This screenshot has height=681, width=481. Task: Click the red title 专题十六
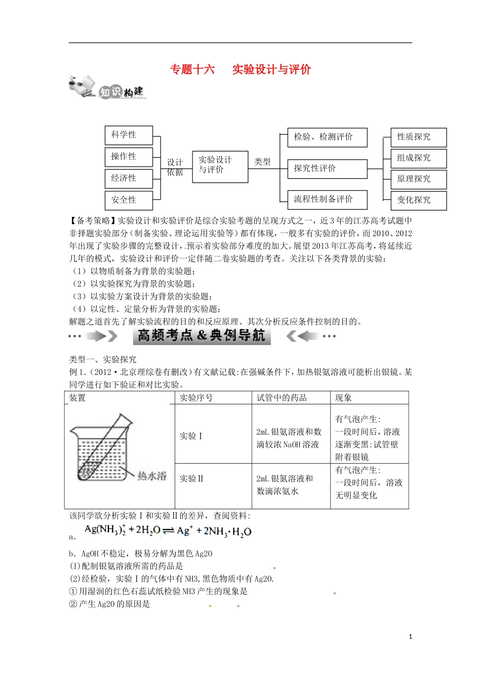pyautogui.click(x=192, y=69)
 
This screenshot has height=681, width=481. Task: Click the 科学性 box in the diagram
pyautogui.click(x=129, y=135)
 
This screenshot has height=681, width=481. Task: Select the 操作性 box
pyautogui.click(x=129, y=157)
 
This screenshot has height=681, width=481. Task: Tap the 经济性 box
pyautogui.click(x=129, y=178)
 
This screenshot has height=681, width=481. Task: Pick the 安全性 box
pyautogui.click(x=129, y=200)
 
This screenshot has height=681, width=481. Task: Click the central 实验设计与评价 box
pyautogui.click(x=220, y=166)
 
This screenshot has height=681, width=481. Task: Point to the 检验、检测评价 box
pyautogui.click(x=327, y=137)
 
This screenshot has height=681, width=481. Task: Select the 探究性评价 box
pyautogui.click(x=327, y=169)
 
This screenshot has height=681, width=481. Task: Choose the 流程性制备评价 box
pyautogui.click(x=327, y=200)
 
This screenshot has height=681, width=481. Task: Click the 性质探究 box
pyautogui.click(x=418, y=137)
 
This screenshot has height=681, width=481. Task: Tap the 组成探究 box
pyautogui.click(x=418, y=158)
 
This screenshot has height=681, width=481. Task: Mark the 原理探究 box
pyautogui.click(x=418, y=179)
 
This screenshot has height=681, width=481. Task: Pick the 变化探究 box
pyautogui.click(x=418, y=200)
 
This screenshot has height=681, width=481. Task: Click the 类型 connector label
pyautogui.click(x=262, y=162)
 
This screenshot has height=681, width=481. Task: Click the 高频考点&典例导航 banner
pyautogui.click(x=202, y=336)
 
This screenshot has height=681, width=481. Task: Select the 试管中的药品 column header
pyautogui.click(x=282, y=398)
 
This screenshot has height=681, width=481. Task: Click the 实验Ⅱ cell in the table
pyautogui.click(x=191, y=478)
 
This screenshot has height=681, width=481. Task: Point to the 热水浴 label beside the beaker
pyautogui.click(x=152, y=476)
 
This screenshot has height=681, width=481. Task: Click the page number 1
pyautogui.click(x=410, y=637)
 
